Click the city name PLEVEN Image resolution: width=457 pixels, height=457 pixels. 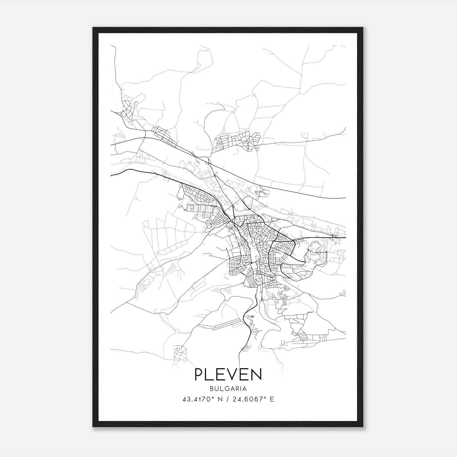coord(228,374)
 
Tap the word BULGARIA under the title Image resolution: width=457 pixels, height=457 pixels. coord(228,389)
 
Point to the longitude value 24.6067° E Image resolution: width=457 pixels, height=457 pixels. coord(253,399)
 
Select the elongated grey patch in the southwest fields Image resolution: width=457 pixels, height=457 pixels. coord(171,268)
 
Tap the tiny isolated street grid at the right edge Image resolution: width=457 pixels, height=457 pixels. coord(343,293)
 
